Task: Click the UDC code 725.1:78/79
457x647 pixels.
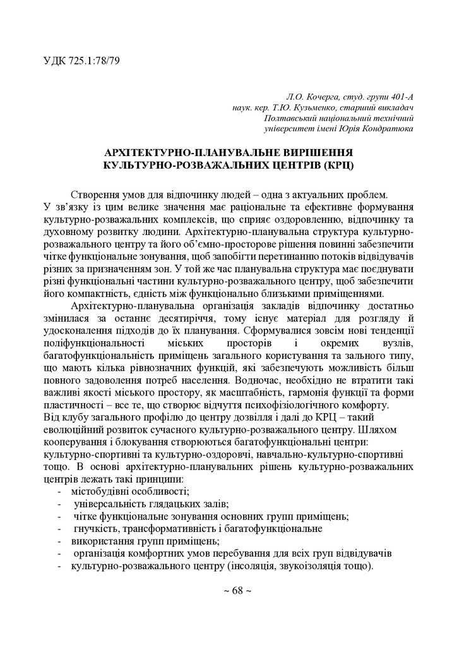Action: click(92, 61)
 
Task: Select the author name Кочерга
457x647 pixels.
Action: click(323, 97)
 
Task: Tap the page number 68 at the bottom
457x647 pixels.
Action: click(228, 590)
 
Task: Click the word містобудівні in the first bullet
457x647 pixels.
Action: click(103, 492)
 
